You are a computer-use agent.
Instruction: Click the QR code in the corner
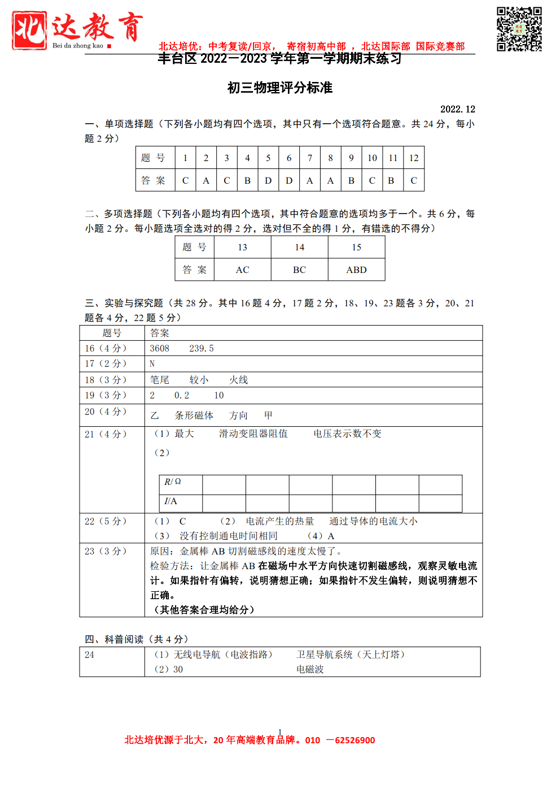(519, 29)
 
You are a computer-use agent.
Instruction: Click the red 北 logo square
(29, 31)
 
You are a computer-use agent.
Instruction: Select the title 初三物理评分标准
(279, 88)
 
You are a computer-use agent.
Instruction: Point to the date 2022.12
(457, 109)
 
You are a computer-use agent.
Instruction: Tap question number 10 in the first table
(372, 158)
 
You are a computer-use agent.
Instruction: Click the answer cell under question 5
(268, 180)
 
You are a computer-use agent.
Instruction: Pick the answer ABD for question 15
(356, 270)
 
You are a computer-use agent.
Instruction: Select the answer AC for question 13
(242, 270)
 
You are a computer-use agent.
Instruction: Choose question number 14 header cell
(299, 247)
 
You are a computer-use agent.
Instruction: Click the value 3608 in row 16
(160, 348)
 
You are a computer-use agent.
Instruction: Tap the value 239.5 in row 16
(202, 348)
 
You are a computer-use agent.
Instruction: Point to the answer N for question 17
(152, 363)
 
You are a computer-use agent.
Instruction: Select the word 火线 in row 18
(238, 380)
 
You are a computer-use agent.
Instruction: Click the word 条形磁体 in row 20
(194, 415)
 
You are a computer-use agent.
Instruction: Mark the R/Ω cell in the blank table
(173, 482)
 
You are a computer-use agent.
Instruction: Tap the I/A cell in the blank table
(170, 501)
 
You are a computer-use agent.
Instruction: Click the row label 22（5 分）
(106, 521)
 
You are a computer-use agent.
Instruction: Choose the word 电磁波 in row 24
(310, 669)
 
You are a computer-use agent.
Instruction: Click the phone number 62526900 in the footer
(355, 740)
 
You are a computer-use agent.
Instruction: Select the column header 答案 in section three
(160, 333)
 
